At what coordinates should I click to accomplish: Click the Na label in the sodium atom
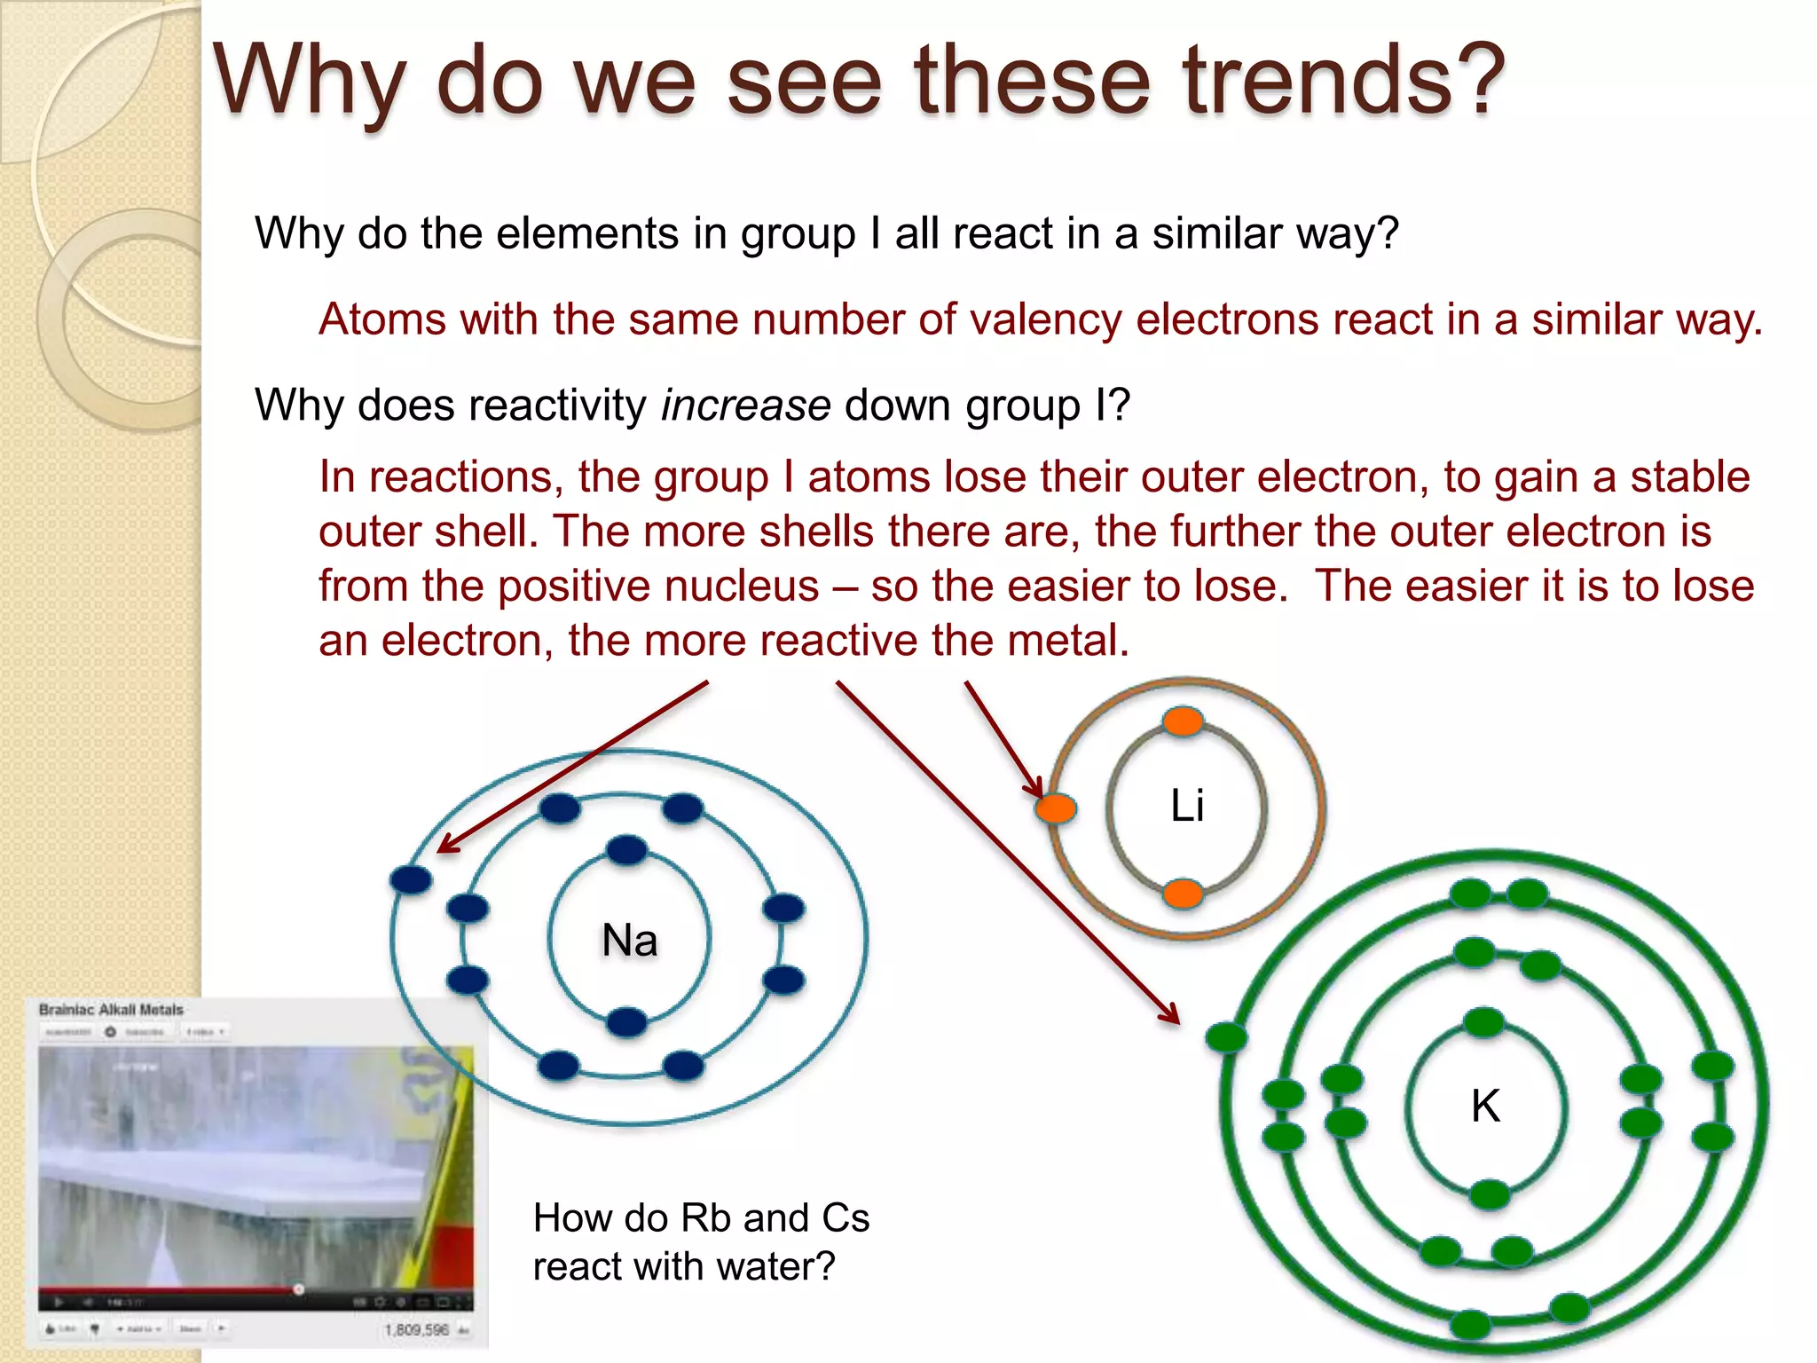point(629,940)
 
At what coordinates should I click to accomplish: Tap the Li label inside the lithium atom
point(1187,806)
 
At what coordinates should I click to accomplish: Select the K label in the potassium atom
point(1485,1107)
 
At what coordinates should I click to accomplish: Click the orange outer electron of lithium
point(1056,808)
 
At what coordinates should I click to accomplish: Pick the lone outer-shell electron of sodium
point(411,879)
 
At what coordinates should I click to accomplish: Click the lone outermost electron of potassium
point(1227,1036)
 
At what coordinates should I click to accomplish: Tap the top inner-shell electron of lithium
point(1183,721)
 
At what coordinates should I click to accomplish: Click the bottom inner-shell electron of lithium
point(1183,893)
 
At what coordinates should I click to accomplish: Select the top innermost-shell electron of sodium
point(627,850)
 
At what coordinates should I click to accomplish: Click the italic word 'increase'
point(745,406)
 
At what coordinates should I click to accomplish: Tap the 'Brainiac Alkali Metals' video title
point(111,1010)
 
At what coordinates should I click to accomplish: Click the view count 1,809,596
point(416,1329)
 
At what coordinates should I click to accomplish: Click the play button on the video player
point(59,1302)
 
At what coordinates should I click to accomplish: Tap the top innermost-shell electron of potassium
point(1483,1022)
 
